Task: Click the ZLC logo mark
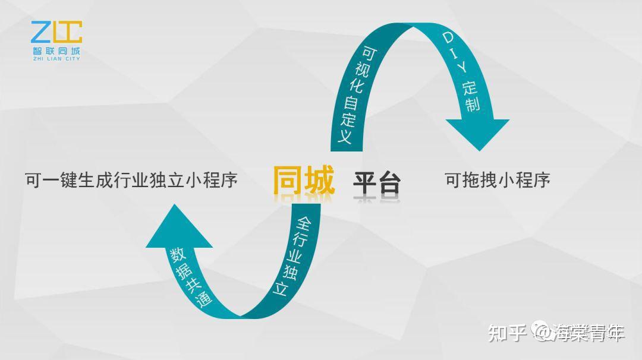tap(56, 33)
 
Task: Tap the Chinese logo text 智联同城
tap(56, 50)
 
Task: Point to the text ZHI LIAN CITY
tap(56, 58)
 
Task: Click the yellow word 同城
tap(304, 180)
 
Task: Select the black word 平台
tap(377, 182)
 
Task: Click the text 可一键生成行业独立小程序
tap(131, 180)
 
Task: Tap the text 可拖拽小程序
tap(498, 180)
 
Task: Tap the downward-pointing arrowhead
tap(478, 134)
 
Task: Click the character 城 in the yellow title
tap(319, 180)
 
